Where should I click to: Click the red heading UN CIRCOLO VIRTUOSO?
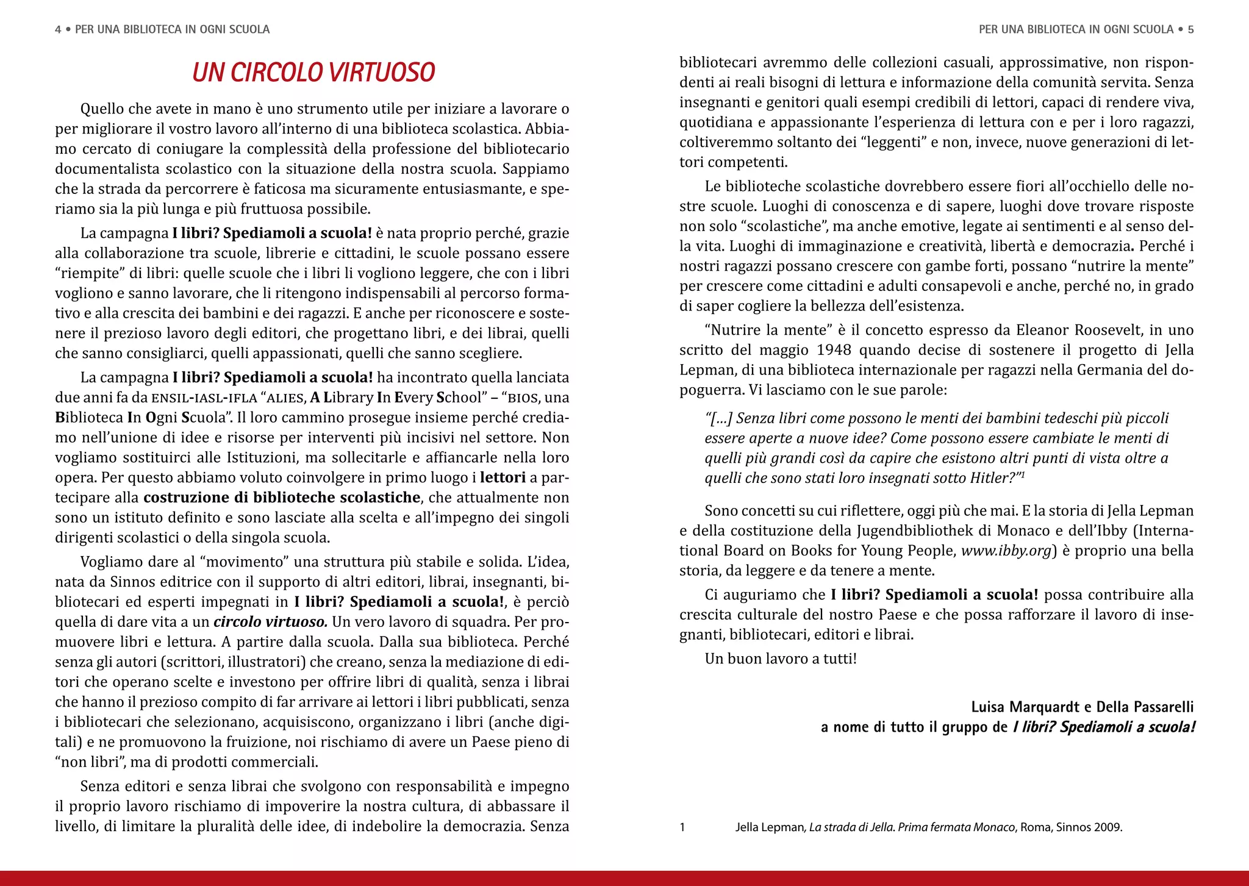pos(313,73)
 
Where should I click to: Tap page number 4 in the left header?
pos(58,29)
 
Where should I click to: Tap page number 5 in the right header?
pos(1190,29)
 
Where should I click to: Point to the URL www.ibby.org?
pos(1006,551)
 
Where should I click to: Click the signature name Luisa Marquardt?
pos(1025,707)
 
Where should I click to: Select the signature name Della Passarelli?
pos(1145,707)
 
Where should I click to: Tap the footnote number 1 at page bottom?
pos(682,827)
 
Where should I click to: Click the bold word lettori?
pos(503,477)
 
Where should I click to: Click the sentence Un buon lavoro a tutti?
pos(781,659)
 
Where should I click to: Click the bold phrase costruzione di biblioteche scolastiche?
pos(282,498)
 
